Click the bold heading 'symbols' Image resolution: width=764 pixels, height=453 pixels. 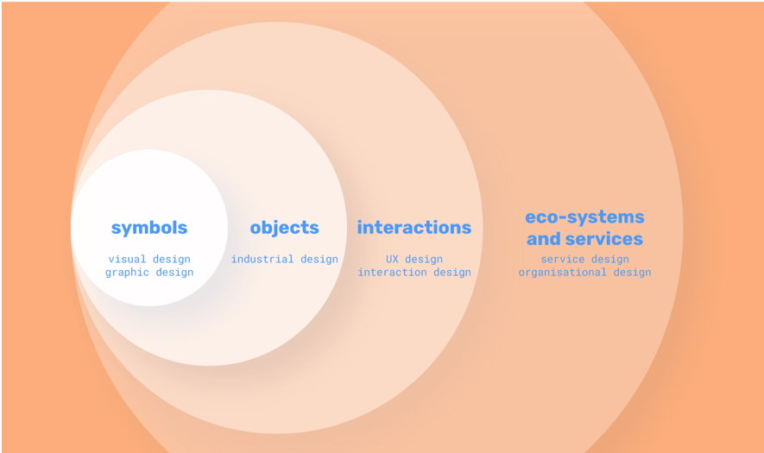pyautogui.click(x=149, y=228)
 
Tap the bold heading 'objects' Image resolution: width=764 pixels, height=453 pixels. pyautogui.click(x=284, y=228)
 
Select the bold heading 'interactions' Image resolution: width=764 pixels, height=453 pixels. pyautogui.click(x=414, y=228)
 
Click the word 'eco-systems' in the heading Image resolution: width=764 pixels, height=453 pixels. pyautogui.click(x=584, y=217)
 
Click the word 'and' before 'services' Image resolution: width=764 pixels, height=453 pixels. pyautogui.click(x=544, y=239)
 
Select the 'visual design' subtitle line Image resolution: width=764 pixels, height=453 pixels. pyautogui.click(x=149, y=259)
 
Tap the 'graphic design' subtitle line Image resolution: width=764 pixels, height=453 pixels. pyautogui.click(x=149, y=273)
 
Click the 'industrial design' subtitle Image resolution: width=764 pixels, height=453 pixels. pyautogui.click(x=284, y=259)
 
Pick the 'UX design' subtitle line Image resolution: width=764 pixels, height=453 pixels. pyautogui.click(x=414, y=259)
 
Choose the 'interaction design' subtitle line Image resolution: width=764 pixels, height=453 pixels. pyautogui.click(x=414, y=273)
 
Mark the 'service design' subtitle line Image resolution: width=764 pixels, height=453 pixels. pyautogui.click(x=584, y=259)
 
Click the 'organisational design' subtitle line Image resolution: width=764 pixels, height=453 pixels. pyautogui.click(x=584, y=273)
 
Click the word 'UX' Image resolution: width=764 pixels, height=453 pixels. pyautogui.click(x=393, y=259)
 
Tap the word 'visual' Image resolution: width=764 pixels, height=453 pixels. pyautogui.click(x=128, y=259)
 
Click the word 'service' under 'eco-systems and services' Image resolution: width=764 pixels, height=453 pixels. pyautogui.click(x=564, y=259)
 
